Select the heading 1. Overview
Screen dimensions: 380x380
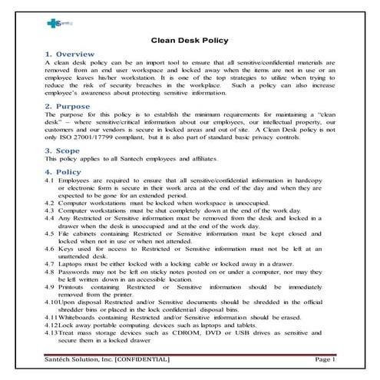click(x=70, y=55)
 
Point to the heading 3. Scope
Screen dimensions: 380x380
click(x=64, y=152)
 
